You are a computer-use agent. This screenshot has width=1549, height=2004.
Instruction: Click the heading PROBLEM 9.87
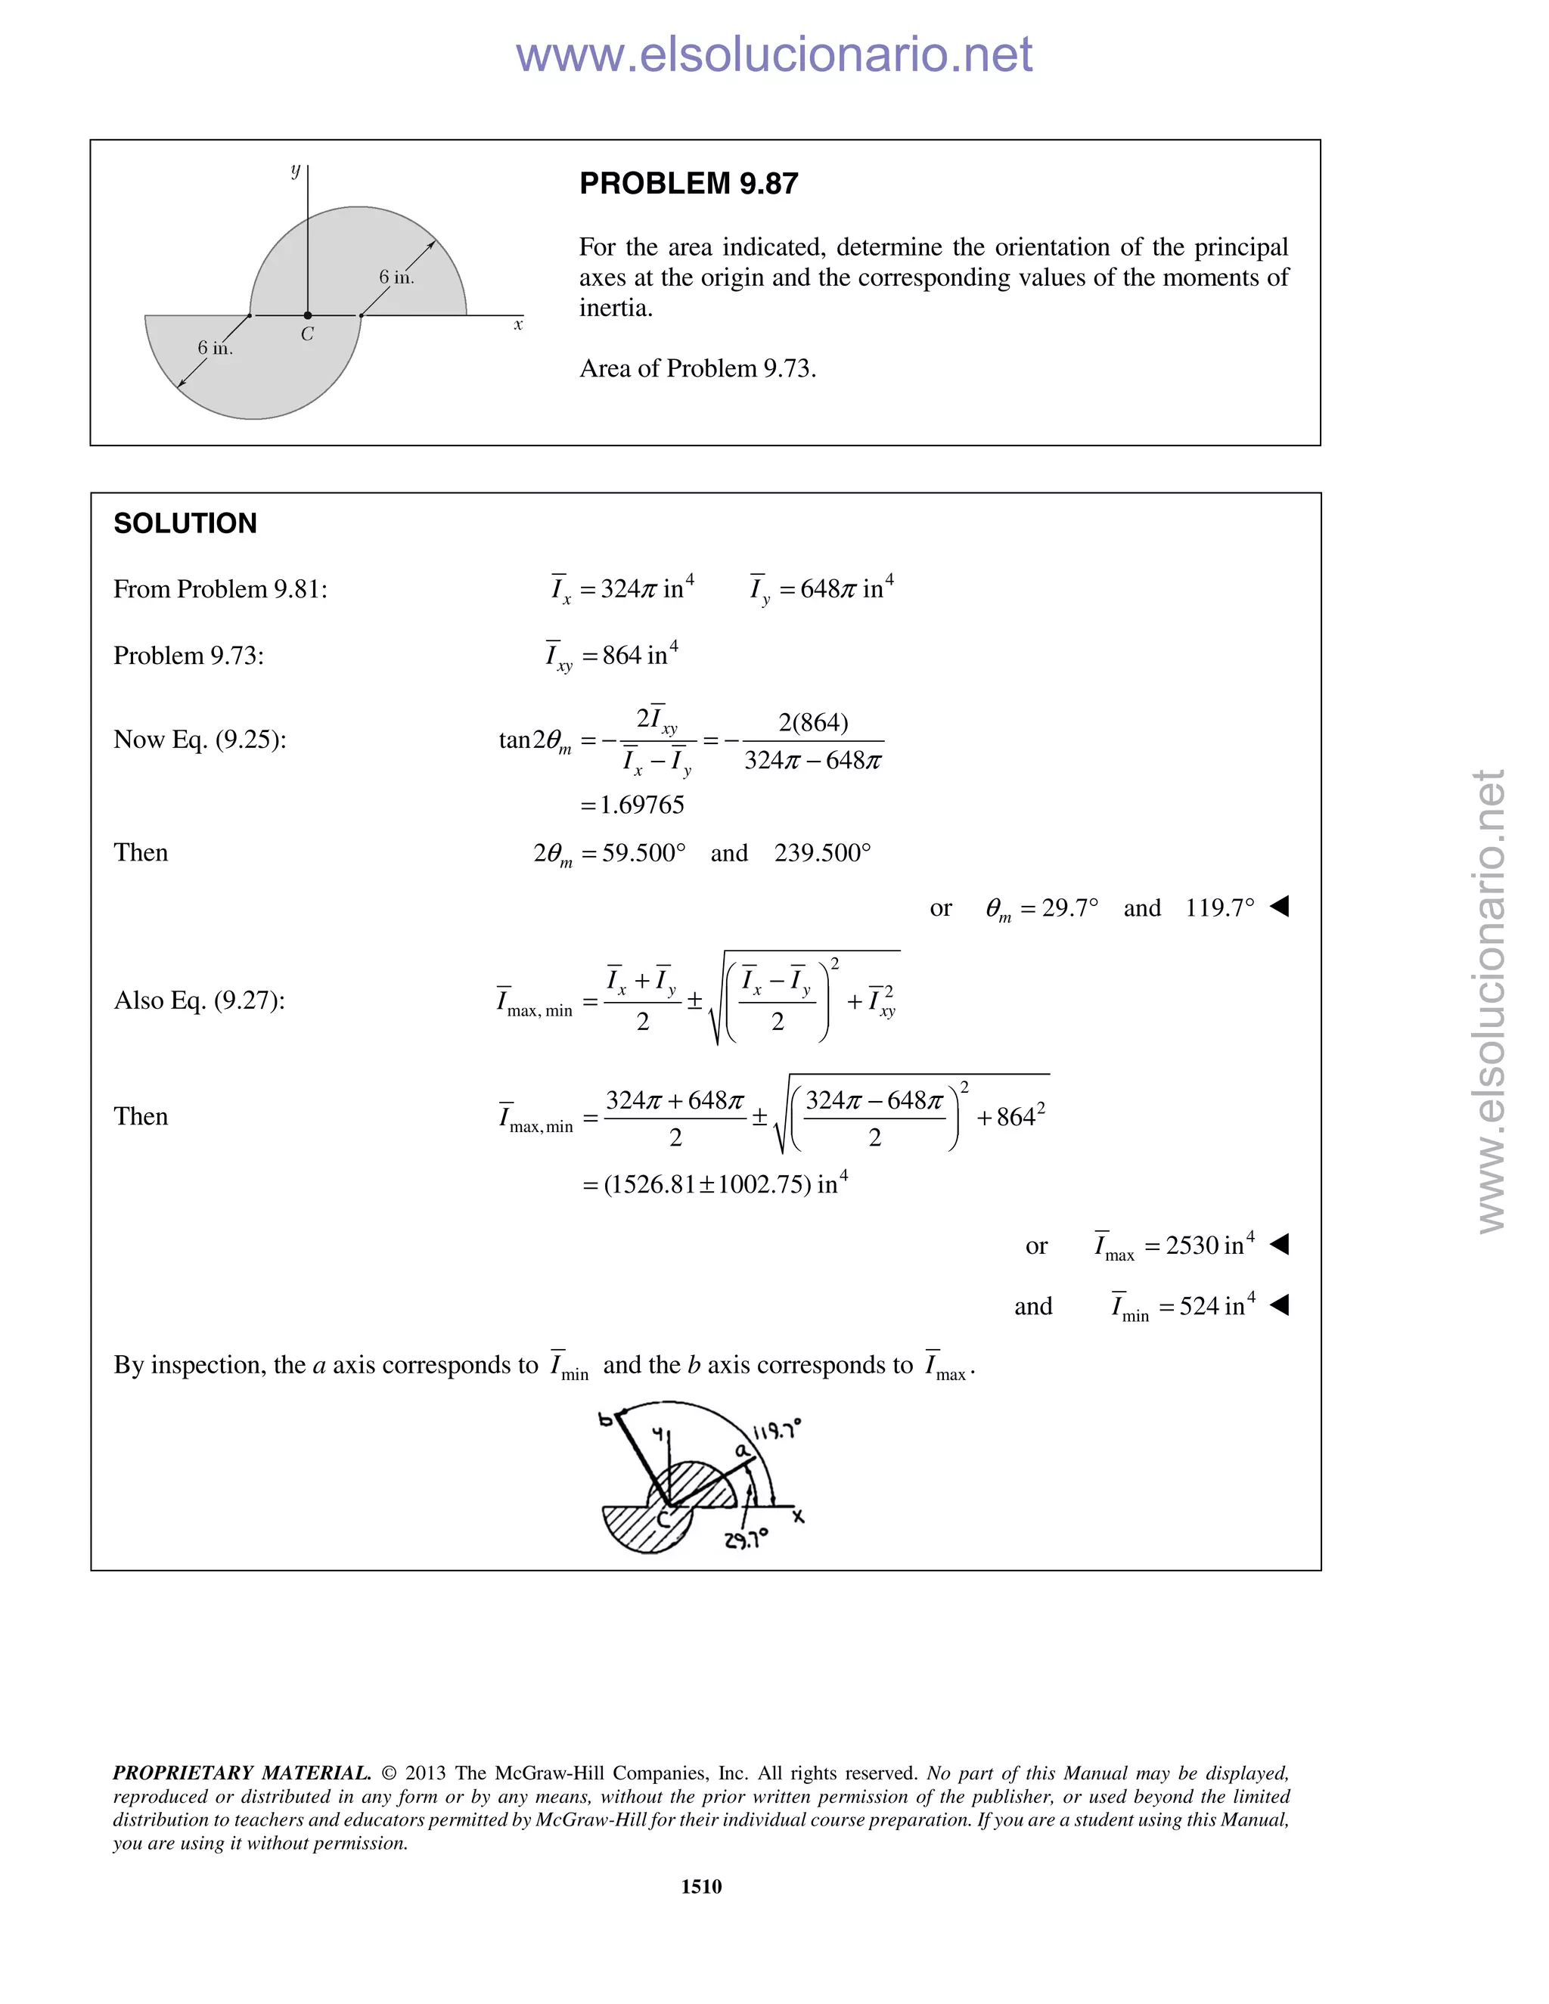[x=688, y=184]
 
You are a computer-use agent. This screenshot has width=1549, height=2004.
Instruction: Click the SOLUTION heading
[x=185, y=524]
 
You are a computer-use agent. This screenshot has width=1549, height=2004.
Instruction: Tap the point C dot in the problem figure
[x=307, y=315]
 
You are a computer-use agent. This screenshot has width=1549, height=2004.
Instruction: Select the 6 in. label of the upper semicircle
[x=396, y=277]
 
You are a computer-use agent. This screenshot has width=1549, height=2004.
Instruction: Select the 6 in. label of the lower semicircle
[x=215, y=348]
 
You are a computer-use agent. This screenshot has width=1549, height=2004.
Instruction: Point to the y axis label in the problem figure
[x=296, y=171]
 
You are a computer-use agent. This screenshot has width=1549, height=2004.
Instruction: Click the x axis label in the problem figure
[x=517, y=325]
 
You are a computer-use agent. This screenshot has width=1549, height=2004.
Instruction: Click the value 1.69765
[x=641, y=805]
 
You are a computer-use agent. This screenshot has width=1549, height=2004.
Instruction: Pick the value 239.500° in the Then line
[x=822, y=853]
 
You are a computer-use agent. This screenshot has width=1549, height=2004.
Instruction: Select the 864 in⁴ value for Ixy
[x=640, y=655]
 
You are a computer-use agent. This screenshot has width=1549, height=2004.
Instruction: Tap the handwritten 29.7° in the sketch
[x=745, y=1540]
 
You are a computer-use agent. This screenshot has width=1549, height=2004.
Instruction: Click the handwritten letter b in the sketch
[x=606, y=1419]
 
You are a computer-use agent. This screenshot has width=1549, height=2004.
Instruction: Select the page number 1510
[x=701, y=1885]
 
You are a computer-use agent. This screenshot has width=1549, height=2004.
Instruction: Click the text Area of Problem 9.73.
[x=697, y=369]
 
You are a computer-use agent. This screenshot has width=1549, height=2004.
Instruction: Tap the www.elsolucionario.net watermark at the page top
[x=774, y=54]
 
